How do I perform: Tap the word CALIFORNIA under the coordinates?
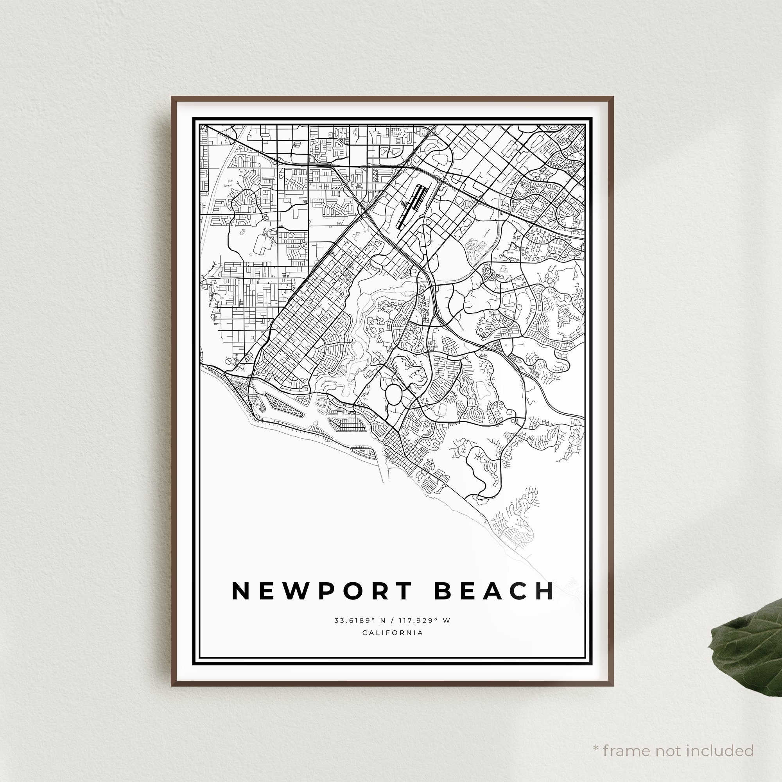click(393, 633)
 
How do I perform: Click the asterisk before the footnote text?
click(595, 737)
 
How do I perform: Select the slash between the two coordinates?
click(394, 620)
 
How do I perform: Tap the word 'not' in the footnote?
click(668, 739)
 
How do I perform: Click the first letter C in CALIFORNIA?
click(365, 633)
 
